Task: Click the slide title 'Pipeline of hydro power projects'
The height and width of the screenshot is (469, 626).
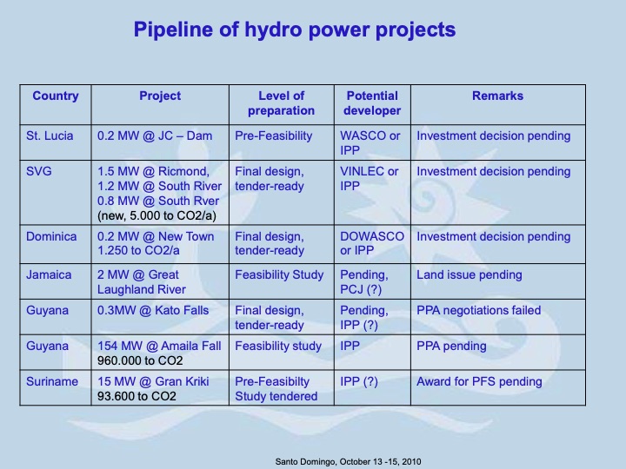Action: coord(294,30)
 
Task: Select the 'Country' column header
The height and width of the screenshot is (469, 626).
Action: coord(56,96)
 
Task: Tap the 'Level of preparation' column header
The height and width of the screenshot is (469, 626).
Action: coord(281,103)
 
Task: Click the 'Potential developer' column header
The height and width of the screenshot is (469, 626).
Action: coord(372,103)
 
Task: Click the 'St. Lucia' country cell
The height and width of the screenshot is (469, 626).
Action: coord(50,135)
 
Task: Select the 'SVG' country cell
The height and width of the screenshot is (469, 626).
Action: coord(40,171)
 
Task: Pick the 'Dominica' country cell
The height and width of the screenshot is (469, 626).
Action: coord(52,236)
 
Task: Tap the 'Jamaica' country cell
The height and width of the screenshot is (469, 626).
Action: coord(50,275)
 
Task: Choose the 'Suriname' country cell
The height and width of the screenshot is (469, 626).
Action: coord(52,381)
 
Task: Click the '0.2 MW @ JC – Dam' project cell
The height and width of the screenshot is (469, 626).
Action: coord(149,135)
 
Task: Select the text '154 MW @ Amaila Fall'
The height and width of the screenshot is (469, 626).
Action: coord(159,346)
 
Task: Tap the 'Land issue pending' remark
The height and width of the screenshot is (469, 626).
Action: coord(469,275)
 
